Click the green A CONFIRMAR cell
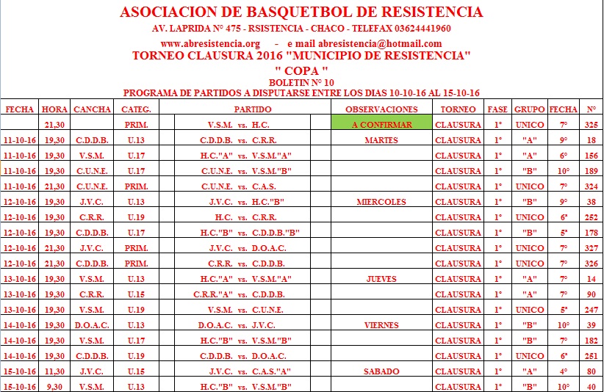(381, 125)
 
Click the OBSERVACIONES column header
(381, 109)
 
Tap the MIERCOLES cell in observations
(381, 202)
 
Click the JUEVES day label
(381, 279)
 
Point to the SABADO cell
(381, 371)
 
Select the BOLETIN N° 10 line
(301, 82)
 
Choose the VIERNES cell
(381, 325)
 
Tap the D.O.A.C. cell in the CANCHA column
(92, 325)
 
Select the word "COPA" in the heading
(301, 70)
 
